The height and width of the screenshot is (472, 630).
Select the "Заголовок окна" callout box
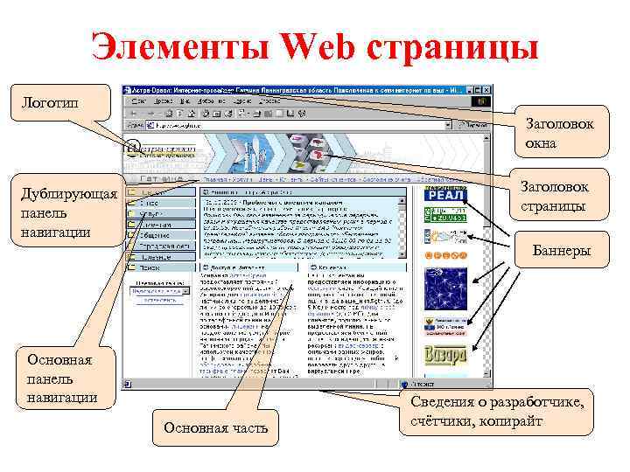558,132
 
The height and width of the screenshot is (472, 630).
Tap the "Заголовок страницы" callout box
554,198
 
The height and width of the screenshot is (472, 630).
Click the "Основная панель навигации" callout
60,378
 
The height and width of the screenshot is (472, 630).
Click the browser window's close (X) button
487,91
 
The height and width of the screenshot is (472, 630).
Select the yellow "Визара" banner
444,356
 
